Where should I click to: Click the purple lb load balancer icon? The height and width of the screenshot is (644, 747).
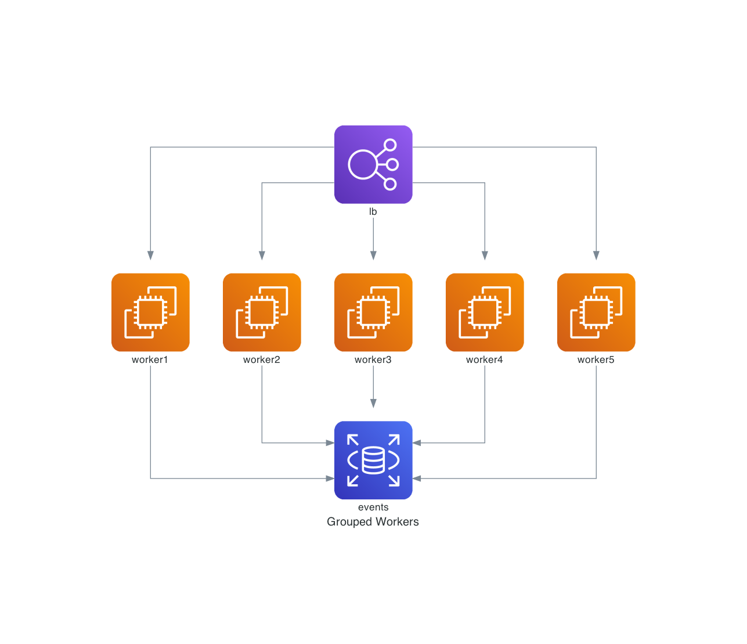tap(373, 164)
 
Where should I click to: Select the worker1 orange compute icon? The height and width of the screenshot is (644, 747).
tap(150, 312)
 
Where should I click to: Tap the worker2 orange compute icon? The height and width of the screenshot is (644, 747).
tap(262, 312)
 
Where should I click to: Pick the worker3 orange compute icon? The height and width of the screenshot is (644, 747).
tap(373, 312)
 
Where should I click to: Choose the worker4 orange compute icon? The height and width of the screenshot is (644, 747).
tap(485, 312)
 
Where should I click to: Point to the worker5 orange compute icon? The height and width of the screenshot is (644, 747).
tap(596, 312)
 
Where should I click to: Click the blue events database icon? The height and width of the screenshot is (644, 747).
tap(373, 460)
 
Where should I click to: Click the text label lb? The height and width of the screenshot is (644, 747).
tap(373, 212)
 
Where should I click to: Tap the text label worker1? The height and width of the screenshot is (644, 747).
tap(150, 360)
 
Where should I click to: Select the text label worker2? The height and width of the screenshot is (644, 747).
tap(262, 360)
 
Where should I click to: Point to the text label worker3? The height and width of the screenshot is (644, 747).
tap(373, 360)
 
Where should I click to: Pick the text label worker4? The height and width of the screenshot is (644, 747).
tap(485, 360)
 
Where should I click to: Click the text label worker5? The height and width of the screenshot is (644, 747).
tap(596, 360)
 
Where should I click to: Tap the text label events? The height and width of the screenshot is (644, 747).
tap(373, 508)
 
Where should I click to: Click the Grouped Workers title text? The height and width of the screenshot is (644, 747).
tap(373, 522)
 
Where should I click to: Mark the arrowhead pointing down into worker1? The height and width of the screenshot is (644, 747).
tap(150, 256)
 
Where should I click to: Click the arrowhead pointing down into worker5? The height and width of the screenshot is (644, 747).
tap(596, 256)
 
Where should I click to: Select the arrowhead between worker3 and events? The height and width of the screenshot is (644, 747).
tap(373, 404)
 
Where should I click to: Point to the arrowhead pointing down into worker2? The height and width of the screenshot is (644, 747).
tap(262, 256)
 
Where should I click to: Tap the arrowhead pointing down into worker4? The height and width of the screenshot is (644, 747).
tap(485, 256)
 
